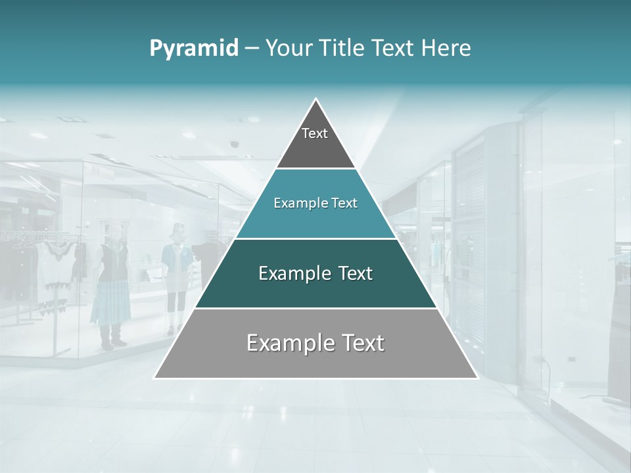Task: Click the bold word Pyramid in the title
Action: [194, 49]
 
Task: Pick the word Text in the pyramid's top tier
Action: [315, 133]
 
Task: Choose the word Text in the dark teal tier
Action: [356, 273]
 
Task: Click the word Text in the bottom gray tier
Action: [362, 343]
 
